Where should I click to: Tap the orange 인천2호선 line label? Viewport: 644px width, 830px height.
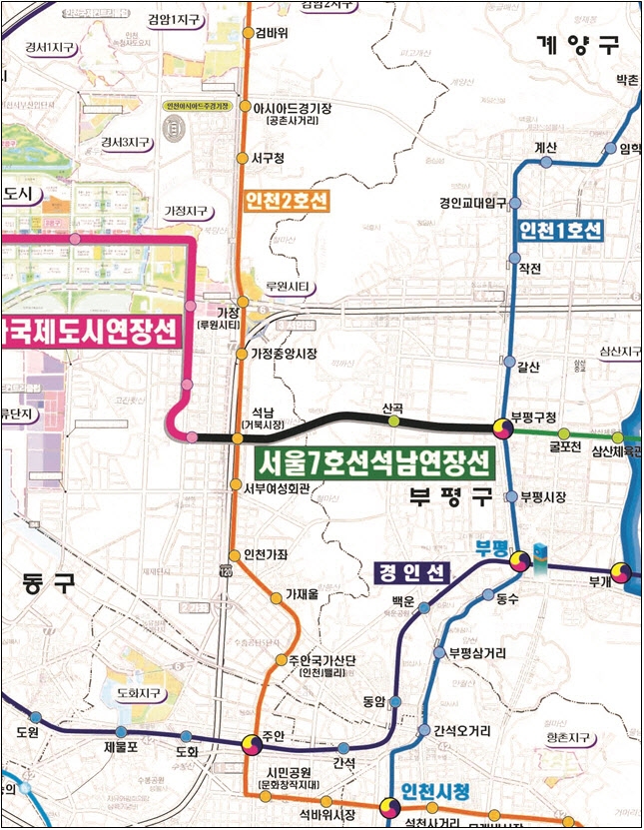point(286,203)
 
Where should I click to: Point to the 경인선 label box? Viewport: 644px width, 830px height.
point(411,572)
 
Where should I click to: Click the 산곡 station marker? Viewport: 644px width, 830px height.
point(393,421)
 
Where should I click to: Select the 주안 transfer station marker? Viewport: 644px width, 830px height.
point(249,745)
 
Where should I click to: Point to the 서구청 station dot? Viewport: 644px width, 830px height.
point(242,158)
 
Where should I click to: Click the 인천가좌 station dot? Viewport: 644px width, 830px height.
point(236,555)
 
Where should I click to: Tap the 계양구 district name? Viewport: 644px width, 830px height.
point(577,45)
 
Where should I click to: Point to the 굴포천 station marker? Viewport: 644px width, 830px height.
point(563,433)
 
